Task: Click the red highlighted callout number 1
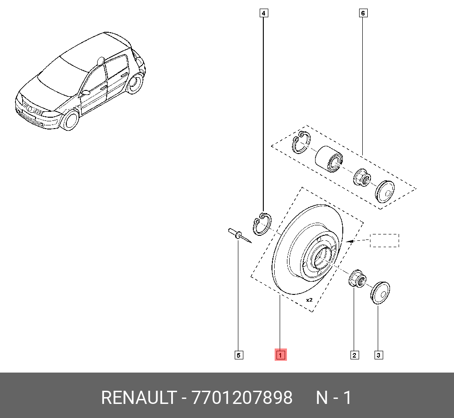coord(280,355)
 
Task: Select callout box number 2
coord(354,355)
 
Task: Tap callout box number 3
coord(378,355)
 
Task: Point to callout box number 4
coord(263,13)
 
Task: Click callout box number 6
coord(363,13)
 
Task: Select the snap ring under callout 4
coord(262,224)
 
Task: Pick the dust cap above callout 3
coord(380,292)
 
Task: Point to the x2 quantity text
coord(310,300)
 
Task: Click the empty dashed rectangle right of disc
coord(384,240)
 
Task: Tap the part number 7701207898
coord(242,398)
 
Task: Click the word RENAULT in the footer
coord(138,398)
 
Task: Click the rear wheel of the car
coord(134,84)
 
